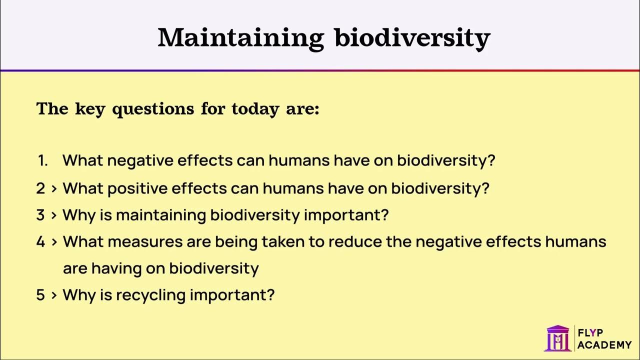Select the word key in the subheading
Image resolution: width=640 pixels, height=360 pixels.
[89, 109]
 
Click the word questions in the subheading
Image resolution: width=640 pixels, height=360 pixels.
[152, 109]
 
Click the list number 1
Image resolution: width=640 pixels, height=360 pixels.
[42, 161]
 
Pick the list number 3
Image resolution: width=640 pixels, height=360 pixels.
[40, 215]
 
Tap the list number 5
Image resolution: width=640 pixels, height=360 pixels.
[40, 295]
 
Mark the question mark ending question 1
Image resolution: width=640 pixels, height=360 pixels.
[491, 161]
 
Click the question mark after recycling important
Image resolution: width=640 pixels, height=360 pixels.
[270, 295]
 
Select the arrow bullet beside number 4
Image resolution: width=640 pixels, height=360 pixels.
[53, 242]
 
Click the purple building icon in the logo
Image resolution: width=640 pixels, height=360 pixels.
[557, 338]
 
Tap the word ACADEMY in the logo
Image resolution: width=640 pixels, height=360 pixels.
[604, 344]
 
